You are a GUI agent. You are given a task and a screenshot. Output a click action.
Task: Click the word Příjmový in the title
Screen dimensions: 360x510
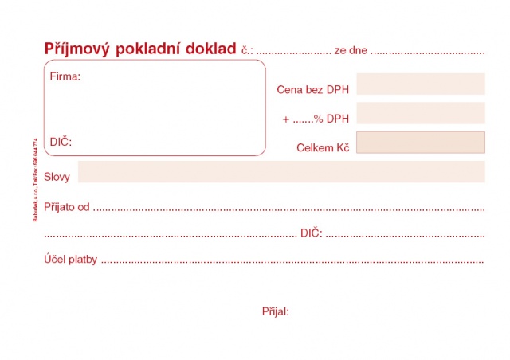point(78,49)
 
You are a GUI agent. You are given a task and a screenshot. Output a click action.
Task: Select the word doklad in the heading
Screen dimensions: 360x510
point(208,49)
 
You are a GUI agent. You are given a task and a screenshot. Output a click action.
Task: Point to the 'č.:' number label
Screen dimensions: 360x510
point(247,50)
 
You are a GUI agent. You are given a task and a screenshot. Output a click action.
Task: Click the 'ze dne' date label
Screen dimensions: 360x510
point(351,50)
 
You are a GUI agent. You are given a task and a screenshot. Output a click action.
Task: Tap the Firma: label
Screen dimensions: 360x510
point(65,77)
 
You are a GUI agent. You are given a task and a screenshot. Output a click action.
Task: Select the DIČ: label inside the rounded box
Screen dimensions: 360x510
point(61,142)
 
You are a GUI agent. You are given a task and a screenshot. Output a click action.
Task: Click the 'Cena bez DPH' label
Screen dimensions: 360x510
point(313,90)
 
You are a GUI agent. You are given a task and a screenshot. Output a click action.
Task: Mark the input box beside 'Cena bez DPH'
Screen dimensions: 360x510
point(421,84)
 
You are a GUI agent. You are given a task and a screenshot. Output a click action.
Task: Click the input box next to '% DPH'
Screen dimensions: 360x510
point(421,113)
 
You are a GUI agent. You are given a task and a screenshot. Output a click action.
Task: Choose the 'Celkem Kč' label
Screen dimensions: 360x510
point(323,148)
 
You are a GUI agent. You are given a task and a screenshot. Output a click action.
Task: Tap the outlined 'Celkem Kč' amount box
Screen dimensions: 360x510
point(421,142)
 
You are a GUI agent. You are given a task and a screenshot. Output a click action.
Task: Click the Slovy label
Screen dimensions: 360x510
point(57,177)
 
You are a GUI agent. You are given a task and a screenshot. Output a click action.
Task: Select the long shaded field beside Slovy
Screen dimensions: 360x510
point(281,171)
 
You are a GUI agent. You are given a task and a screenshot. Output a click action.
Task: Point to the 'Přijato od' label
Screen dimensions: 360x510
point(67,207)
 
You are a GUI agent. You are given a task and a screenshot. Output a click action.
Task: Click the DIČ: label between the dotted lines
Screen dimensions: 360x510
point(311,233)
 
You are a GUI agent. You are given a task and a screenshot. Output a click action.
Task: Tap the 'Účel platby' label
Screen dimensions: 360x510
point(71,260)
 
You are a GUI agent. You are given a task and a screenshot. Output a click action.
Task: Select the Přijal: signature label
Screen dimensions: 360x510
point(275,311)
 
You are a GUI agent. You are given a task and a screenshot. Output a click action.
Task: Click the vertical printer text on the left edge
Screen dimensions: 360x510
point(36,176)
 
